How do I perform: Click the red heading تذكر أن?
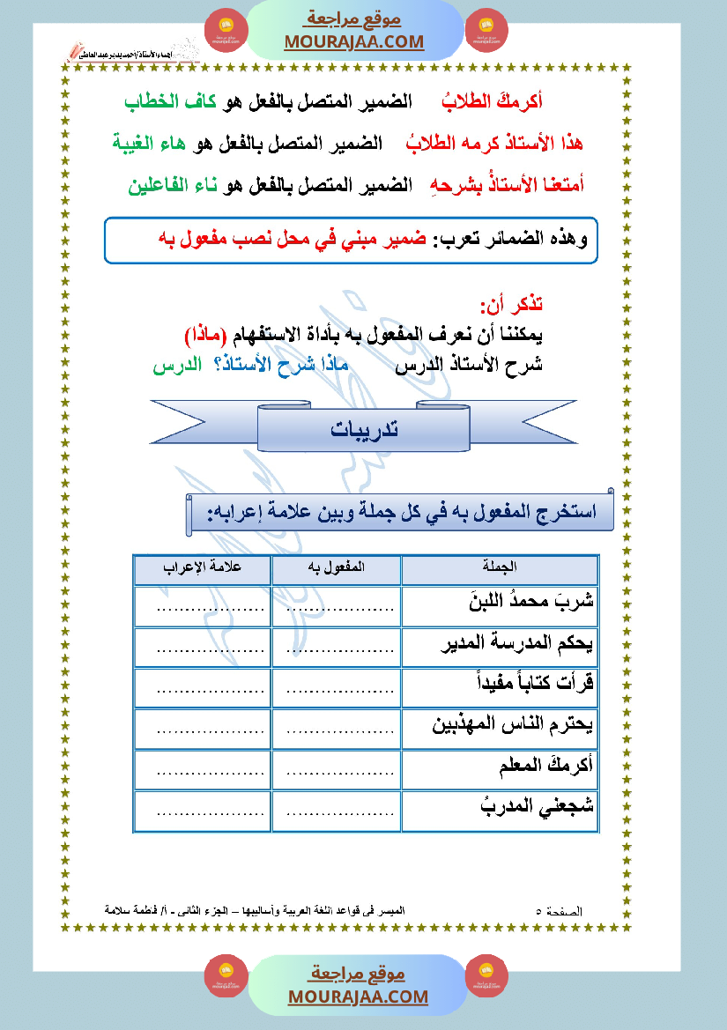pos(511,305)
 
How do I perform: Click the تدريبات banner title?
pos(363,429)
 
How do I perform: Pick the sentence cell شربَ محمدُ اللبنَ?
pos(531,604)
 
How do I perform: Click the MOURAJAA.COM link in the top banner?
pos(353,42)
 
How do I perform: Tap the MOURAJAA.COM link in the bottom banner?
pos(358,997)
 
